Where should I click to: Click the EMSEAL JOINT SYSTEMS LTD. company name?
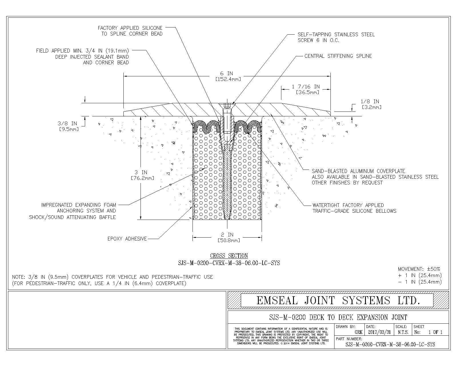pyautogui.click(x=338, y=301)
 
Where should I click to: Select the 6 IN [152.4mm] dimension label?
pyautogui.click(x=228, y=76)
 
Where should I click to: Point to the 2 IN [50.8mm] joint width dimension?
pyautogui.click(x=229, y=238)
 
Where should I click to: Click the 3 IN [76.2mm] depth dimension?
pyautogui.click(x=143, y=175)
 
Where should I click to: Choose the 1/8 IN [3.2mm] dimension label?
pyautogui.click(x=371, y=104)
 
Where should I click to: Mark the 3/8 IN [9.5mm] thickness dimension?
pyautogui.click(x=68, y=126)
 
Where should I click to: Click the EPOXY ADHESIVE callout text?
pyautogui.click(x=127, y=239)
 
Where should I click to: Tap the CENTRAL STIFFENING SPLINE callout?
pyautogui.click(x=338, y=56)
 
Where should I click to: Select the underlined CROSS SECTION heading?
pyautogui.click(x=229, y=256)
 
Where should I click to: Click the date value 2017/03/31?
pyautogui.click(x=379, y=332)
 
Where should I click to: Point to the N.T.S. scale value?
pyautogui.click(x=403, y=332)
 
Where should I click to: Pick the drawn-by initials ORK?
pyautogui.click(x=358, y=332)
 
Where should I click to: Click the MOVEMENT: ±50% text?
pyautogui.click(x=419, y=269)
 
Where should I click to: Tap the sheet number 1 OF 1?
pyautogui.click(x=435, y=332)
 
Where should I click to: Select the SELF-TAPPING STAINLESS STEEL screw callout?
pyautogui.click(x=336, y=37)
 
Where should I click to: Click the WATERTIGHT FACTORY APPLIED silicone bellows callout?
pyautogui.click(x=354, y=208)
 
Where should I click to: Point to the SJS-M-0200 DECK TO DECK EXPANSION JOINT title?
pyautogui.click(x=338, y=317)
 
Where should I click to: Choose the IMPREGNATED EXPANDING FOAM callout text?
pyautogui.click(x=73, y=211)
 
